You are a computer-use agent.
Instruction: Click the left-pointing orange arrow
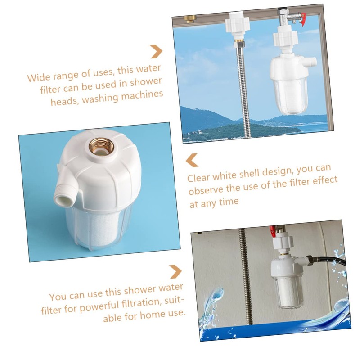click(193, 160)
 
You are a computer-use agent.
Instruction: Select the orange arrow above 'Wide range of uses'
click(156, 51)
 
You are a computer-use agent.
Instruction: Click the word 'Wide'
click(37, 77)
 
